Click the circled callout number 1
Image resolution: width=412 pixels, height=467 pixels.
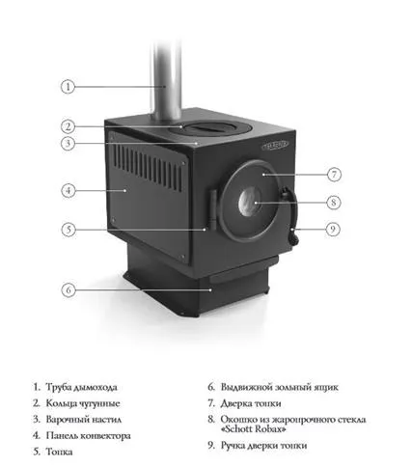point(69,86)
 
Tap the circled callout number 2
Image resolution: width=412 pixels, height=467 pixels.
point(69,126)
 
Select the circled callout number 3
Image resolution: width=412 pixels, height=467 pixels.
point(69,144)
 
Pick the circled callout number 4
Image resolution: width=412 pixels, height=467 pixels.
point(69,190)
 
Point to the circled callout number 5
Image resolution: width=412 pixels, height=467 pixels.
point(69,230)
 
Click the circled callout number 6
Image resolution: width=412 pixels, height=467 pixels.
point(69,288)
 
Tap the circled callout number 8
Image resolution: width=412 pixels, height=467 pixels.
point(333,203)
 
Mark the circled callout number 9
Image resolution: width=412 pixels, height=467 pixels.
point(333,230)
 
